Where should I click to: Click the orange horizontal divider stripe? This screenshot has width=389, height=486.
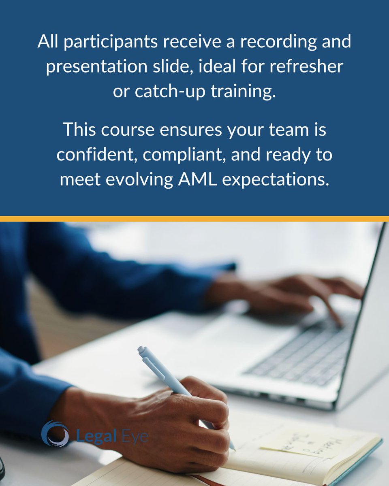tap(194, 219)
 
